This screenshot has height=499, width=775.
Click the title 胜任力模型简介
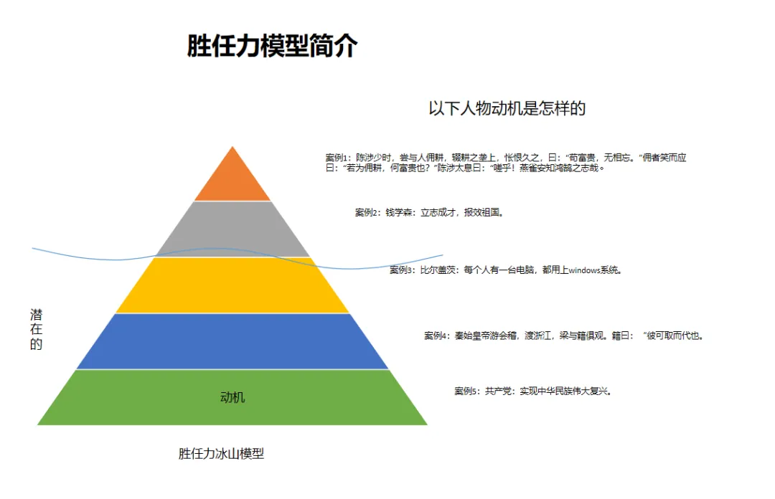tap(272, 46)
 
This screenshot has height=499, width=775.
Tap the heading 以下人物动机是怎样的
tap(507, 108)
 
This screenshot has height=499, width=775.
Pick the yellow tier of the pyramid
tap(232, 287)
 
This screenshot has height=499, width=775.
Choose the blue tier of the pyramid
tap(232, 341)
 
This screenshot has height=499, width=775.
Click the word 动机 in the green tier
tap(232, 397)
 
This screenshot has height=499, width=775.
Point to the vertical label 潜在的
tap(36, 329)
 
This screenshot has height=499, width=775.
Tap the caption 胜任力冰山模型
tap(221, 454)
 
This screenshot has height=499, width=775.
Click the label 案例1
tap(337, 158)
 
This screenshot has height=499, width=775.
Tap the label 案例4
tap(436, 336)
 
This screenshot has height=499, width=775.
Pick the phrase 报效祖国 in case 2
tap(483, 213)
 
